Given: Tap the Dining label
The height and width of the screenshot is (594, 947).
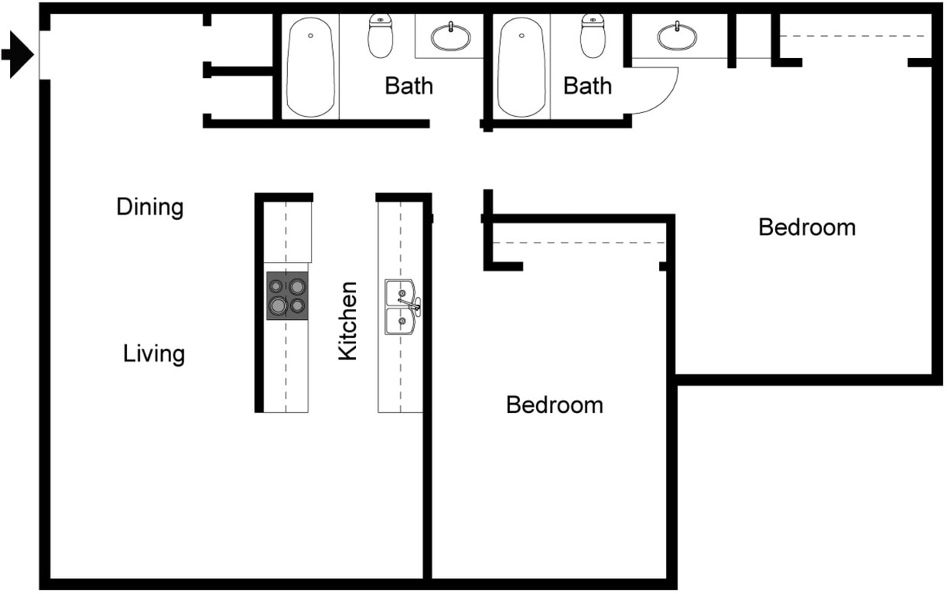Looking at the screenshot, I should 150,207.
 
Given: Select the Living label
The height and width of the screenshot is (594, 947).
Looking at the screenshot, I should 154,354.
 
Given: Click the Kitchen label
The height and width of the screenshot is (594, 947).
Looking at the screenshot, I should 347,321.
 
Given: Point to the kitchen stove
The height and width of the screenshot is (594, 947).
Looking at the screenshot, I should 286,295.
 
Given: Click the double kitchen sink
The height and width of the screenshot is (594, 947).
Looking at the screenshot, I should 401,307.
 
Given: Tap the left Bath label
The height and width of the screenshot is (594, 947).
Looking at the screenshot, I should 409,86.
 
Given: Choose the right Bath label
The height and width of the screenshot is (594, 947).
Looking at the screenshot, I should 587,86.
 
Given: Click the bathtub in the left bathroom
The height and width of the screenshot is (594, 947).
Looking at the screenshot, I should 311,67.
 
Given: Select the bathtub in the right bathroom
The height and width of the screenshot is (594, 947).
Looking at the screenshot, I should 522,67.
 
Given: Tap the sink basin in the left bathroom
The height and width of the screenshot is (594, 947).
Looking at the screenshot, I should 451,36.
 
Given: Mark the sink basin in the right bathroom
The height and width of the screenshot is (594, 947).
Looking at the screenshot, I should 677,36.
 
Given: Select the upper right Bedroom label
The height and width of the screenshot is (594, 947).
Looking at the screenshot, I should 806,228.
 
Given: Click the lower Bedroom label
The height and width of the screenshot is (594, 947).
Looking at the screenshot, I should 554,405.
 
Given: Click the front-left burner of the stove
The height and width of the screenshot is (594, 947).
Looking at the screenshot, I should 277,305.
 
